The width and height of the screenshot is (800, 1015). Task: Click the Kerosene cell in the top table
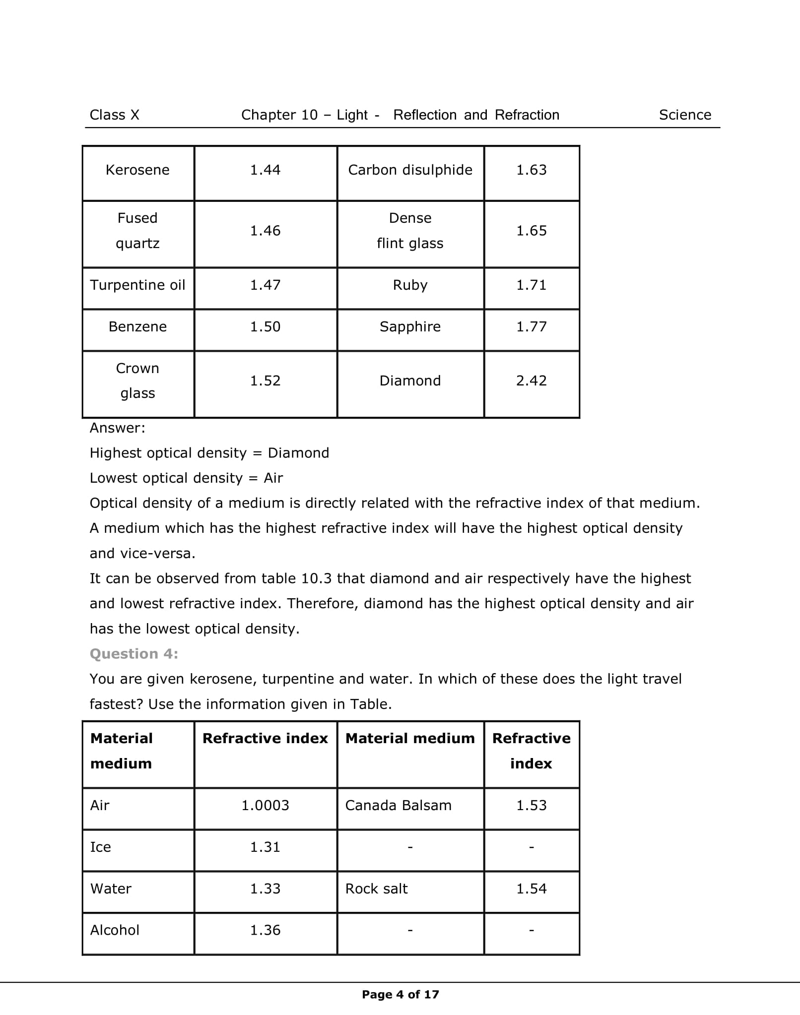pyautogui.click(x=137, y=170)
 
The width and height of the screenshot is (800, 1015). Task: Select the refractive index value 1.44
pyautogui.click(x=265, y=170)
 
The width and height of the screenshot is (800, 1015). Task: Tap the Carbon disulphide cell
pyautogui.click(x=410, y=170)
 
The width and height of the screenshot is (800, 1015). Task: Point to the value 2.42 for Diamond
pyautogui.click(x=531, y=381)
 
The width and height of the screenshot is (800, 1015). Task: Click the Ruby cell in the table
pyautogui.click(x=410, y=285)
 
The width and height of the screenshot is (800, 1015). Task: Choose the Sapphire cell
pyautogui.click(x=410, y=327)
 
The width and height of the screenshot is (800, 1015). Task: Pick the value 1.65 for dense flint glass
pyautogui.click(x=531, y=231)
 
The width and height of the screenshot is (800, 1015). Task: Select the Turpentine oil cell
pyautogui.click(x=137, y=285)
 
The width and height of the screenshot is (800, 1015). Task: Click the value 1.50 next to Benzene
pyautogui.click(x=265, y=327)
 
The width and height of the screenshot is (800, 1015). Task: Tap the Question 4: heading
pyautogui.click(x=133, y=654)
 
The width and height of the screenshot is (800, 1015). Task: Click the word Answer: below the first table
pyautogui.click(x=117, y=428)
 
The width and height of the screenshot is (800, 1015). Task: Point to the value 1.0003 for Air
pyautogui.click(x=265, y=805)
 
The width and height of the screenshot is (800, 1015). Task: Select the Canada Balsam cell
pyautogui.click(x=398, y=805)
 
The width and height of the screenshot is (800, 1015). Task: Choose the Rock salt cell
pyautogui.click(x=376, y=888)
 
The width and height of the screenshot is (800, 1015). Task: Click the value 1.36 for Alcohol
pyautogui.click(x=265, y=930)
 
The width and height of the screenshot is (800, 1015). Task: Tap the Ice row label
pyautogui.click(x=100, y=847)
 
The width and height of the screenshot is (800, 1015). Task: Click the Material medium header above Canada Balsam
pyautogui.click(x=410, y=739)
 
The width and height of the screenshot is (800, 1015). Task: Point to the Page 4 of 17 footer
pyautogui.click(x=400, y=994)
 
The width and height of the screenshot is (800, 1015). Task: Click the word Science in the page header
pyautogui.click(x=685, y=115)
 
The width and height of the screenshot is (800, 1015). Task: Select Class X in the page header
pyautogui.click(x=114, y=115)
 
